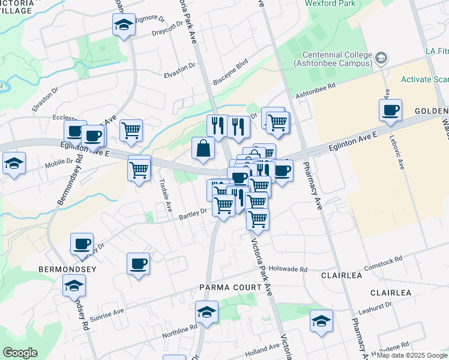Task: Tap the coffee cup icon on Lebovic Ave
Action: click(x=390, y=110)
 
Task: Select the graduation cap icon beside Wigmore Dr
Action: click(x=124, y=25)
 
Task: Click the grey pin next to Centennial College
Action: click(x=381, y=58)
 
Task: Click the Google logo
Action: click(x=20, y=353)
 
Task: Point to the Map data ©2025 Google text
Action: click(x=412, y=355)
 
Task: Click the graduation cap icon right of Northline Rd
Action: click(x=206, y=312)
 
